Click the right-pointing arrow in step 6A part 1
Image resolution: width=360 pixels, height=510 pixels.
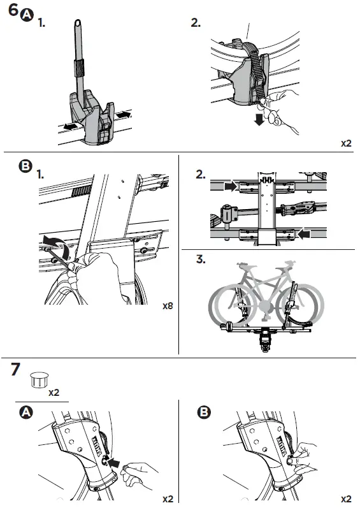(x=124, y=114)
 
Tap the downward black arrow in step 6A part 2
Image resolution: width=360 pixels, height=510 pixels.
(x=259, y=119)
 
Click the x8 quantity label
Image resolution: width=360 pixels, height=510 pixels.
(x=168, y=306)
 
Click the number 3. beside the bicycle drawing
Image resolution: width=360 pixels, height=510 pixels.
(x=201, y=259)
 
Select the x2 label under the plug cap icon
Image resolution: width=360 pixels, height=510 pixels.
(x=54, y=393)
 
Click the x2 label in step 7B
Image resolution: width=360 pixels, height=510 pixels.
(x=346, y=498)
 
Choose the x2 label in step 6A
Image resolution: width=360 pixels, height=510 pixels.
(x=346, y=143)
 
